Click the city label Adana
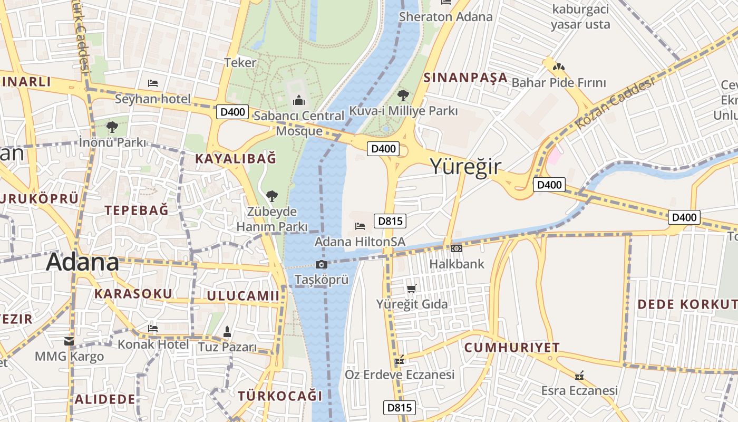pos(82,262)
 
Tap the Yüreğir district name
pos(465,166)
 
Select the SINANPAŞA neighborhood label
pos(465,78)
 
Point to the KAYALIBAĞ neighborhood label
pos(236,158)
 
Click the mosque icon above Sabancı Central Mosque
pos(299,100)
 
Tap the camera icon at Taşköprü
pos(321,264)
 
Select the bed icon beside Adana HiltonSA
pos(360,226)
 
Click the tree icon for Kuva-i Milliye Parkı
pos(403,95)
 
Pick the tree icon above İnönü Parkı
pos(112,127)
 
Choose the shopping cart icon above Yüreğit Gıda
pos(412,289)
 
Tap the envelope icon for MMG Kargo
pos(69,341)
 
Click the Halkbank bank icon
pos(457,248)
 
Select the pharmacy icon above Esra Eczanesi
pos(579,376)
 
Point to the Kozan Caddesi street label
pos(615,103)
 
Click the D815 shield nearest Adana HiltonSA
pos(390,220)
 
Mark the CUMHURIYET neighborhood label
pos(512,348)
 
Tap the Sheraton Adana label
pos(445,16)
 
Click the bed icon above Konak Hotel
pos(153,328)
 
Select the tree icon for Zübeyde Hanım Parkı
pos(271,196)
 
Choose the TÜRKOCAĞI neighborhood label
pos(279,396)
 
